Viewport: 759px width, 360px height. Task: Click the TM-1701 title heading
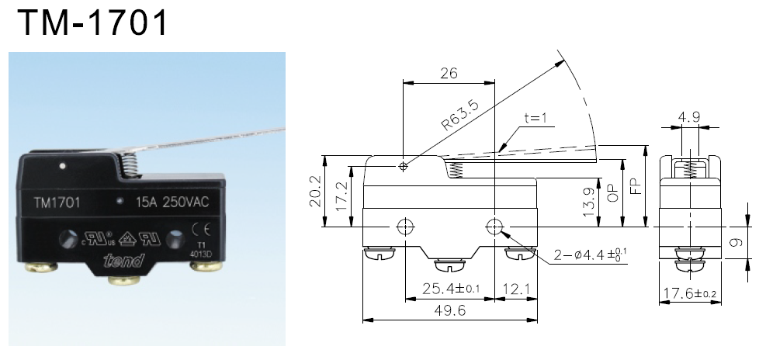coord(92,23)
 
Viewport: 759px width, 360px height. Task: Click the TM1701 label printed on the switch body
coord(58,203)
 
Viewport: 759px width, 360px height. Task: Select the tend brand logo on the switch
coord(122,261)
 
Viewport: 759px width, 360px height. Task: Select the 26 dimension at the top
coord(449,73)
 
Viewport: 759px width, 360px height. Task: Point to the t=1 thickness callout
coord(535,119)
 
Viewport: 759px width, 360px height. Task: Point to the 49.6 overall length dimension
coord(450,310)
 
